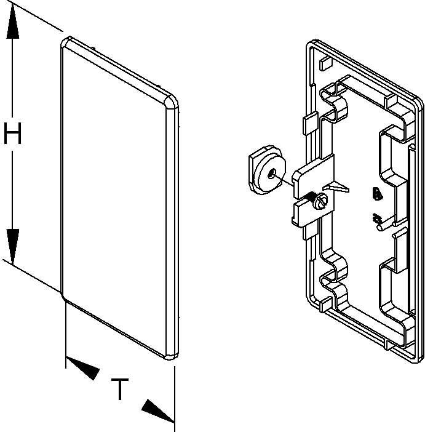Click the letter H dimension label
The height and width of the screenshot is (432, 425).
coord(13,133)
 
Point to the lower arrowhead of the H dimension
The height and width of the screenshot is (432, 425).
coord(13,244)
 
